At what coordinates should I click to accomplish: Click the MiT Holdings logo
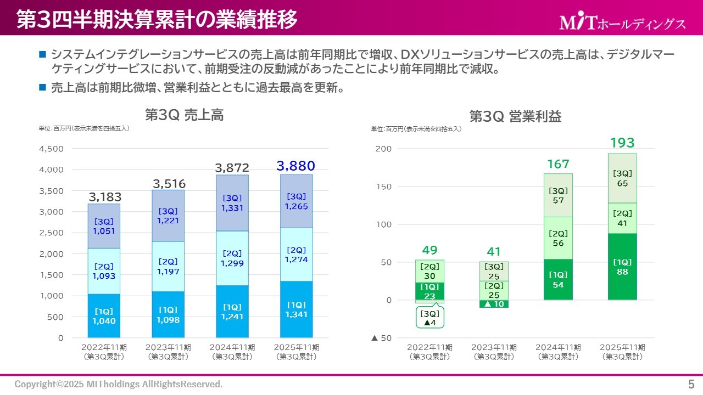pyautogui.click(x=622, y=22)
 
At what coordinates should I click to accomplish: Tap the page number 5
pyautogui.click(x=691, y=383)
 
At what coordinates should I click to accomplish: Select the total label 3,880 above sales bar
pyautogui.click(x=295, y=166)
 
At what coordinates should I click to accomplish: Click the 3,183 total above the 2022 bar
pyautogui.click(x=105, y=197)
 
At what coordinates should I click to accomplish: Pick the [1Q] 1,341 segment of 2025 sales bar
pyautogui.click(x=296, y=309)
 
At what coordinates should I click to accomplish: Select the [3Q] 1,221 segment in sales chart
pyautogui.click(x=168, y=216)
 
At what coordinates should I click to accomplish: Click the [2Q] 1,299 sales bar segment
pyautogui.click(x=232, y=258)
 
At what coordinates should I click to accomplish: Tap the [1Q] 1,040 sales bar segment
pyautogui.click(x=104, y=316)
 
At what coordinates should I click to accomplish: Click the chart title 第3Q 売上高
pyautogui.click(x=184, y=115)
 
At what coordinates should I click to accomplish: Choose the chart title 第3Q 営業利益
pyautogui.click(x=515, y=116)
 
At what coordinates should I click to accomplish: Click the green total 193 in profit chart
pyautogui.click(x=622, y=143)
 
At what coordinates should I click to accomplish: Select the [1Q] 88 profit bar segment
pyautogui.click(x=622, y=267)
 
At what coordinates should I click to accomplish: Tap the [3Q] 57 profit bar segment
pyautogui.click(x=558, y=196)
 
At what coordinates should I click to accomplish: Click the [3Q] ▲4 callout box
pyautogui.click(x=429, y=318)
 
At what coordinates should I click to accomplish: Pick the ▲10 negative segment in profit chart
pyautogui.click(x=494, y=304)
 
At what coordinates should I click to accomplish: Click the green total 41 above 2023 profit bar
pyautogui.click(x=494, y=252)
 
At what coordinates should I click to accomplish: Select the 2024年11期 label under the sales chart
pyautogui.click(x=232, y=351)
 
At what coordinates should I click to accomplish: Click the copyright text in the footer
pyautogui.click(x=119, y=384)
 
